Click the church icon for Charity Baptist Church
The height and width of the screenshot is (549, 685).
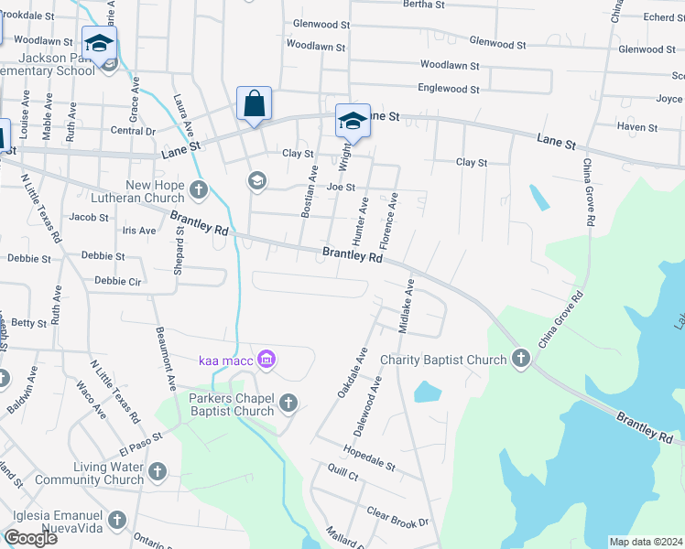(522, 358)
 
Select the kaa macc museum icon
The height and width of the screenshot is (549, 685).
(266, 358)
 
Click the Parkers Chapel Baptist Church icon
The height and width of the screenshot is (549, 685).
(288, 403)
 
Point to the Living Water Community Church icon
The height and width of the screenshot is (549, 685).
(158, 472)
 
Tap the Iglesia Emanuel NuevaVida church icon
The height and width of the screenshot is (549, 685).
(116, 521)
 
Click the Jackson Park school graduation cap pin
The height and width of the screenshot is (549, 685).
(99, 44)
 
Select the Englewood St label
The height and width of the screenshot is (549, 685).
(449, 89)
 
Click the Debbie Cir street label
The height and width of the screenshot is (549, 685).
(118, 282)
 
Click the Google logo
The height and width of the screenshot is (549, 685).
(30, 537)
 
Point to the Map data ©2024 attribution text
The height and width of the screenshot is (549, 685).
(646, 542)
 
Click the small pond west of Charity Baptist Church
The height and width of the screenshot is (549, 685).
(428, 392)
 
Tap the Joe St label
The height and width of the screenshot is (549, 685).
(341, 187)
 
